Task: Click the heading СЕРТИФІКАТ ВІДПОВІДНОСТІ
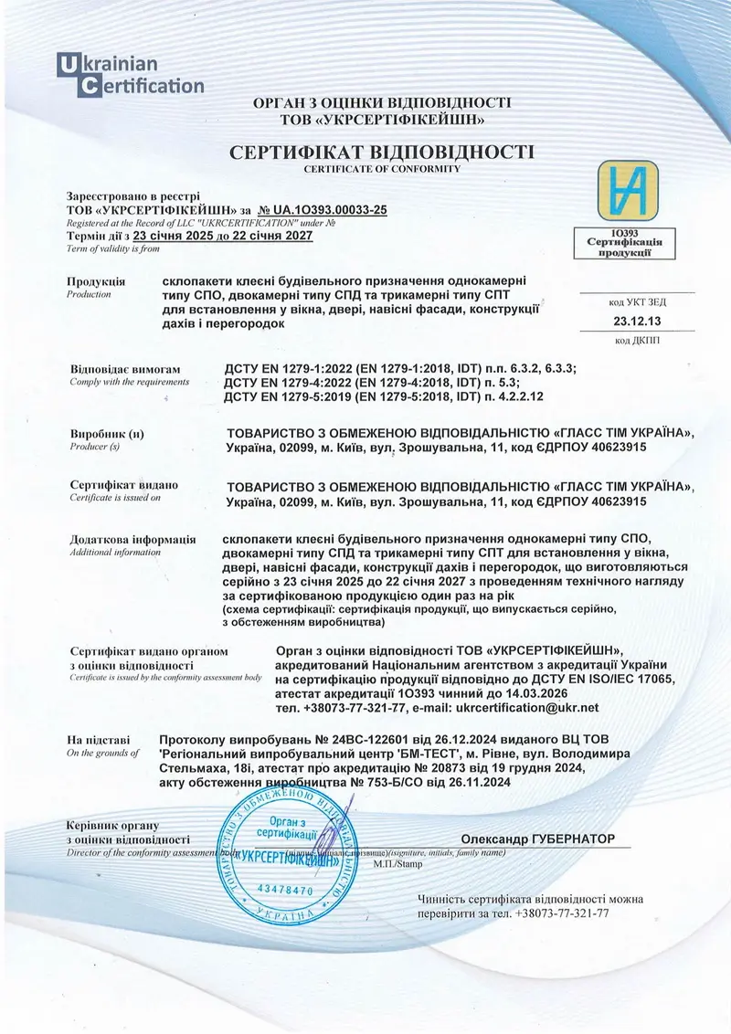[x=382, y=151]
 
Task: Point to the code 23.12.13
[x=638, y=321]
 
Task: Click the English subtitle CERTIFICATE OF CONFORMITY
[x=382, y=169]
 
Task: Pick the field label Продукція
[x=96, y=281]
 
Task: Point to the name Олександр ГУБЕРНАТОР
[x=538, y=839]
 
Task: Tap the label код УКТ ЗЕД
[x=638, y=301]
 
